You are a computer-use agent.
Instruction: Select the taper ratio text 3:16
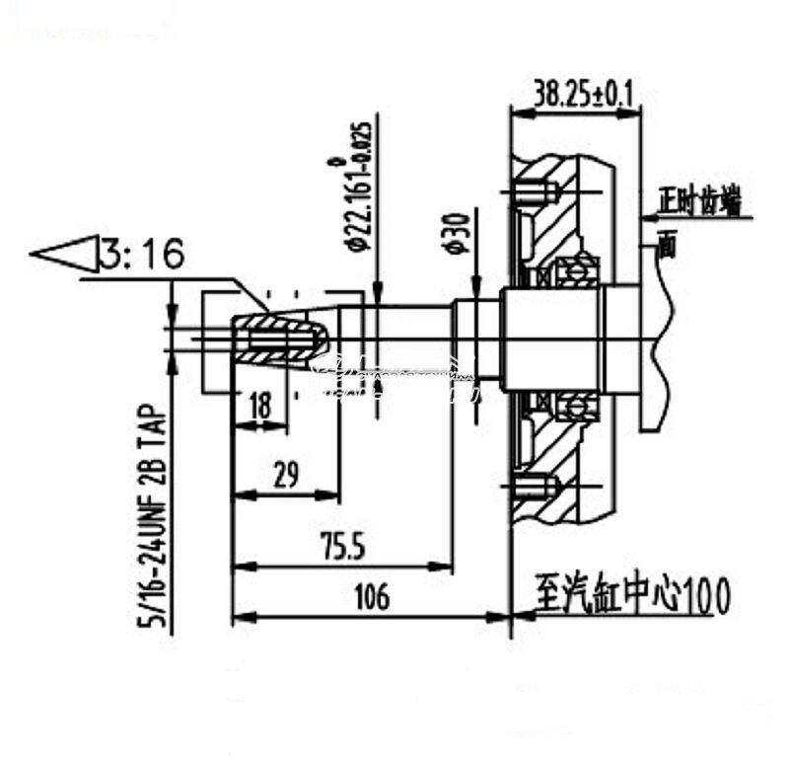(142, 256)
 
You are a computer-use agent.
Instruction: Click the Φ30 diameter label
(456, 233)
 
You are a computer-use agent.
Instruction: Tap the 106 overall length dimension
(371, 597)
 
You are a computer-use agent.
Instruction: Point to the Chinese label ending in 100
(631, 595)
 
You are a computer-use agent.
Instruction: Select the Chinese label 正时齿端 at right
(701, 203)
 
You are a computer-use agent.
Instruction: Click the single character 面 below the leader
(667, 245)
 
